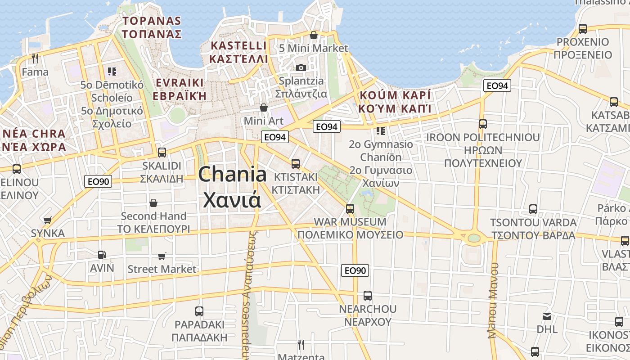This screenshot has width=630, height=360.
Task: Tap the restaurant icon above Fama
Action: (35, 58)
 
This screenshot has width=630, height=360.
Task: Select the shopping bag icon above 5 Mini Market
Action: (314, 35)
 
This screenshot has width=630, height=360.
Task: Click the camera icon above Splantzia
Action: (301, 68)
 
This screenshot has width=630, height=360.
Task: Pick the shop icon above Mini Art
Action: (264, 108)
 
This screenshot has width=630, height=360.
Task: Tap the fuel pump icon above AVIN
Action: (102, 255)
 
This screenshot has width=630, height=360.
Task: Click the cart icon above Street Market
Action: (162, 256)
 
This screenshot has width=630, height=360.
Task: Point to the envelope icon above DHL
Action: (547, 316)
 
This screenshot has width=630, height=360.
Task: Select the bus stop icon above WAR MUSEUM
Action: (350, 209)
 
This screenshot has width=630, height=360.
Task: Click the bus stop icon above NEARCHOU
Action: (368, 296)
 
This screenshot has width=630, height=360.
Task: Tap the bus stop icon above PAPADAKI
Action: (199, 311)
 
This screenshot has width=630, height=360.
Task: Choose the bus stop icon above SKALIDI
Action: (162, 152)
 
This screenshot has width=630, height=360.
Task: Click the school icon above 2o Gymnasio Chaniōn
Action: (381, 131)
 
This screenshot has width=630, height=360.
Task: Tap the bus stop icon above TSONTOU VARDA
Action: (533, 209)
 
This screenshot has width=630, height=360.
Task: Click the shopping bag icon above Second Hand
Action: (153, 203)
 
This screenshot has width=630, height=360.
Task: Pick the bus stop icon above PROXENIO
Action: (583, 29)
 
